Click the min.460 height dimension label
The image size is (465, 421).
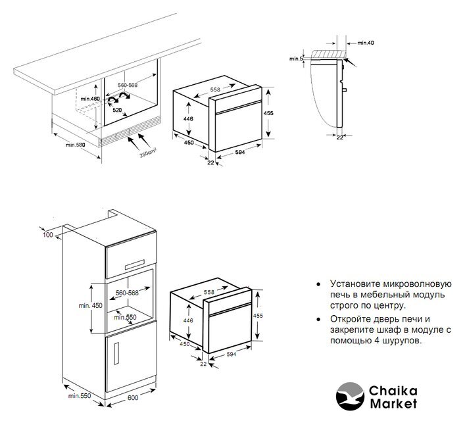coord(90,99)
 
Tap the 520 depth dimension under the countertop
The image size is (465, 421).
coord(117,110)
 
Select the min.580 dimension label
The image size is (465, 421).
coord(76,145)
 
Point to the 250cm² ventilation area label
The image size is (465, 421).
coord(148,153)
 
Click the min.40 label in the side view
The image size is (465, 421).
coord(366,43)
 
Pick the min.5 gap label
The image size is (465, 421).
coord(296,59)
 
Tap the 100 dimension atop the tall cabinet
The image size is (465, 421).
coord(48,235)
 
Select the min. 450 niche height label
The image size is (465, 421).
coord(90,305)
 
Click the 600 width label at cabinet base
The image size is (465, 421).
coord(133,397)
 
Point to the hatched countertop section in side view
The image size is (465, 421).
coord(328,55)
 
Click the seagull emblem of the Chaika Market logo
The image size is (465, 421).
coord(350,396)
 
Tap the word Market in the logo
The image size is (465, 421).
coord(393,404)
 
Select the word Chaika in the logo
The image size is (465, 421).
coord(393,391)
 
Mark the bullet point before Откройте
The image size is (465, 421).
coord(318,319)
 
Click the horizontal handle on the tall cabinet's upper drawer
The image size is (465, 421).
coord(135,264)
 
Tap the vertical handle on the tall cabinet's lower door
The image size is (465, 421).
coord(116,353)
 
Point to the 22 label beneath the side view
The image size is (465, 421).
coord(340,137)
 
